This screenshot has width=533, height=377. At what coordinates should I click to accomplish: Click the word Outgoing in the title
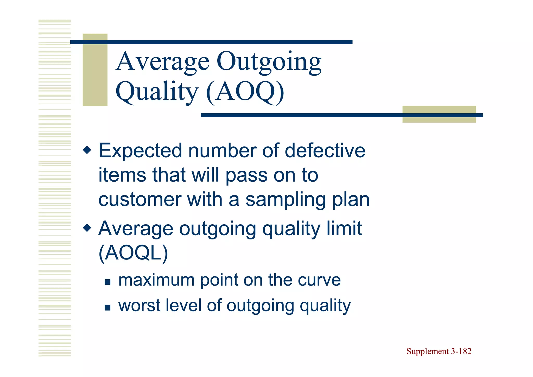269,62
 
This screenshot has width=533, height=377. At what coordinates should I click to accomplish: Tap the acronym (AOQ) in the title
245,92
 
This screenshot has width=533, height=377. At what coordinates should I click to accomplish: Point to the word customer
139,200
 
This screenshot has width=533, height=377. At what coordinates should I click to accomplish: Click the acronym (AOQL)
133,253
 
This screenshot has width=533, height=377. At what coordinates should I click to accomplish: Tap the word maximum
156,280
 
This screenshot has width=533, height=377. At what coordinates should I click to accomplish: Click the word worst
139,305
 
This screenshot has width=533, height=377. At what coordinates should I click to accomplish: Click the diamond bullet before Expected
87,150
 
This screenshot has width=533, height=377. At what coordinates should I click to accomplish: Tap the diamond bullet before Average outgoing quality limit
87,228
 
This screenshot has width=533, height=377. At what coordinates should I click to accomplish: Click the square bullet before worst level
107,308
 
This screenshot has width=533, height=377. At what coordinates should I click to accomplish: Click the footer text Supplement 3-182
439,351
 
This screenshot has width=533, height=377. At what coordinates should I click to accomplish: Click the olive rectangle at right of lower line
439,114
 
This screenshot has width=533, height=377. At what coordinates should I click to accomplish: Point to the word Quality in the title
157,92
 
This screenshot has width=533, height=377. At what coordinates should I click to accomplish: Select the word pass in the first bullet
246,176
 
